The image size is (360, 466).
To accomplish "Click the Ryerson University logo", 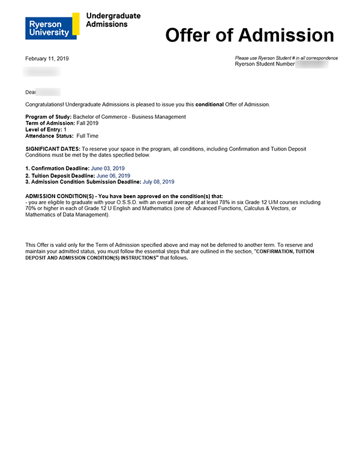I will pos(52,26).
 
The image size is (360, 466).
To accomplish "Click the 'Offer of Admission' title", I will pos(249,35).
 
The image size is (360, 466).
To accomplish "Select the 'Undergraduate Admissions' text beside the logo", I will pos(113,20).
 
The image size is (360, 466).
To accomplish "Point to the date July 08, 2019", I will pos(158,181).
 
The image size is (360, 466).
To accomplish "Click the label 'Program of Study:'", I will pos(48,117).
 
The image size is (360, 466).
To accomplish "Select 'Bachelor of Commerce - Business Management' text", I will pos(129,117).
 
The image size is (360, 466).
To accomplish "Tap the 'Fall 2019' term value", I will pos(88,123).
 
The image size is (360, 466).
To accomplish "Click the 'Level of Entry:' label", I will pos(44,130).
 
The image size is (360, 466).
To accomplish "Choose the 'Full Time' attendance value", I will pos(88,136).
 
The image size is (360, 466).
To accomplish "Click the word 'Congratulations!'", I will pos(49,104).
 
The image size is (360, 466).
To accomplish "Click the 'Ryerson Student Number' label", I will pos(265,64).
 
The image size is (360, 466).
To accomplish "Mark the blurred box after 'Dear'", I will pos(49,92).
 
